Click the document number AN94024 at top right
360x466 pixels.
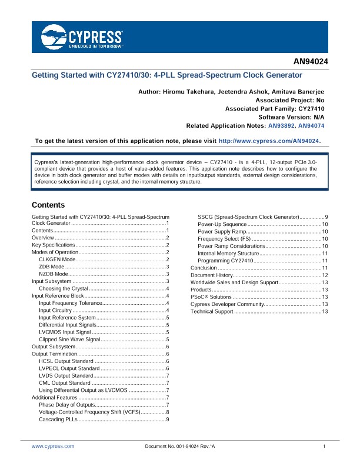coord(311,61)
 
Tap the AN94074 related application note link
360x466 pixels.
coord(311,126)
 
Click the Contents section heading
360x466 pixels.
coord(48,205)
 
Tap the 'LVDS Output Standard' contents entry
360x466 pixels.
coord(65,375)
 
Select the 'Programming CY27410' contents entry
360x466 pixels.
coord(225,261)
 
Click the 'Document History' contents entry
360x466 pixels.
coord(212,275)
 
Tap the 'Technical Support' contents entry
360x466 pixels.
coord(212,311)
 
